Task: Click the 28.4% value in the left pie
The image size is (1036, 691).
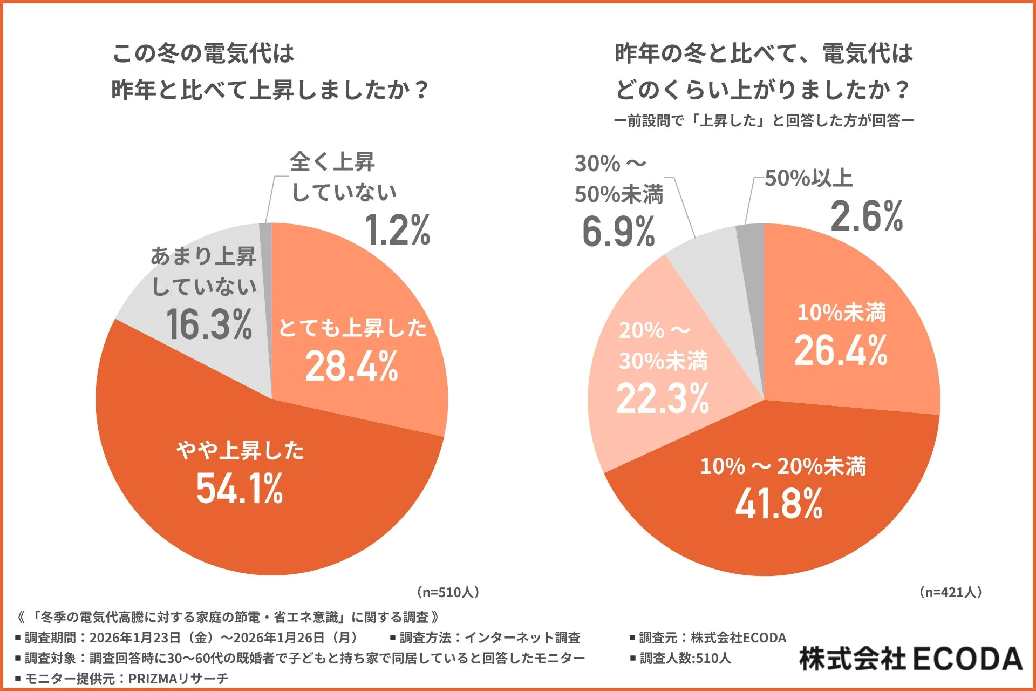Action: pos(351,367)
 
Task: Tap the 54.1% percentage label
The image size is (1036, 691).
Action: pos(239,489)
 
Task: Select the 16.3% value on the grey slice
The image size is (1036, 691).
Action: pos(209,324)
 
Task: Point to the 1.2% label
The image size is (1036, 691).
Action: pos(398,231)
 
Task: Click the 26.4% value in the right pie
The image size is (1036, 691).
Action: pos(840,351)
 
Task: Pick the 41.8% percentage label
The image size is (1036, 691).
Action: pos(779,504)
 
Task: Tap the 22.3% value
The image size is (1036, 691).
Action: pos(663,399)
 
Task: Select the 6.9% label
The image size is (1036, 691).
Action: pos(618,232)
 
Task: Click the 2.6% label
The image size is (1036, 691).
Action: pos(867,216)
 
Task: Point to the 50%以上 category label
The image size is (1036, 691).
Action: pos(808,178)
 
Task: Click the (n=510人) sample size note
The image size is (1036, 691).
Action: pos(448,592)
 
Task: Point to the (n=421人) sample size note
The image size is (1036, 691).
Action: pos(950,592)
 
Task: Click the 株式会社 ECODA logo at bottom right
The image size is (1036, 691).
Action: pos(910,659)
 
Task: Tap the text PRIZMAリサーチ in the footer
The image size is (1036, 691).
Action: pos(178,679)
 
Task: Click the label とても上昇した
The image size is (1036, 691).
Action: pos(352,328)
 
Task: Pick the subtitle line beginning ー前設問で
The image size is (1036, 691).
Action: pos(764,120)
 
